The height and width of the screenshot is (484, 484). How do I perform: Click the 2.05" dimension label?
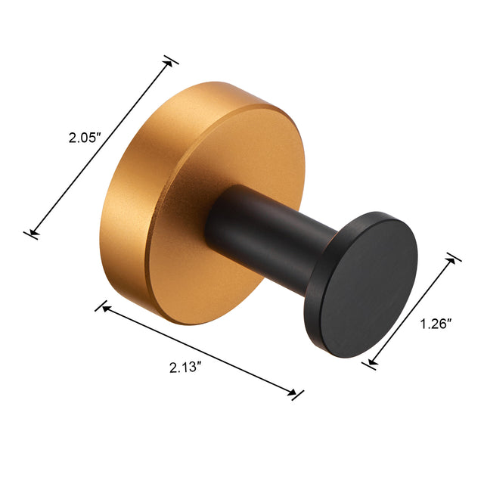(85, 139)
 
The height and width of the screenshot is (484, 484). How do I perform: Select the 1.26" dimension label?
(436, 324)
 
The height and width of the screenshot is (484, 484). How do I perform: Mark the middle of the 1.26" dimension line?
(412, 312)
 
